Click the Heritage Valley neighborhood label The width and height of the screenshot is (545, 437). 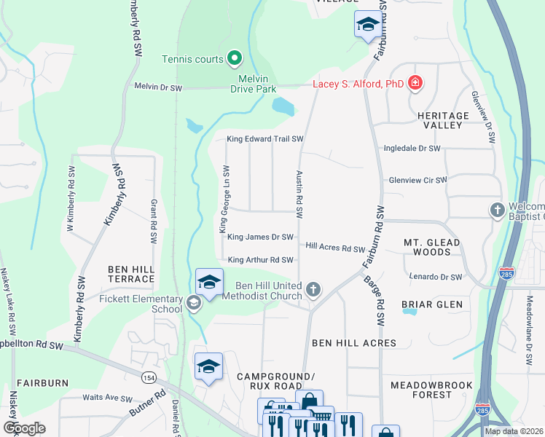(x=443, y=120)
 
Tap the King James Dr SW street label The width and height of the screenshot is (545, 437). (x=260, y=237)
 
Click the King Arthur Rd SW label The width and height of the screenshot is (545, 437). (x=260, y=260)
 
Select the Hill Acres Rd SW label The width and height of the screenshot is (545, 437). (x=334, y=248)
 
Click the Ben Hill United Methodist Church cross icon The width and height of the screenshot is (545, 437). (x=313, y=290)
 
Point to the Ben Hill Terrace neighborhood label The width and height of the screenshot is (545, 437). (x=131, y=274)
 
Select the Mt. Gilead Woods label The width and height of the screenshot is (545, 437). (x=432, y=247)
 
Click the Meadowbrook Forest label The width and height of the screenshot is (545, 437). (x=431, y=390)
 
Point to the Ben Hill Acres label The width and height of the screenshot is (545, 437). (x=354, y=342)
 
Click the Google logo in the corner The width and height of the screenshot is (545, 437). (x=24, y=428)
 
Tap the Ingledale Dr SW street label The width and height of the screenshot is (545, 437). (x=412, y=149)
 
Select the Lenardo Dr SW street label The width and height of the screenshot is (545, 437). (x=436, y=277)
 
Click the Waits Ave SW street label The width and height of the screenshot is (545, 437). (x=107, y=398)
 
